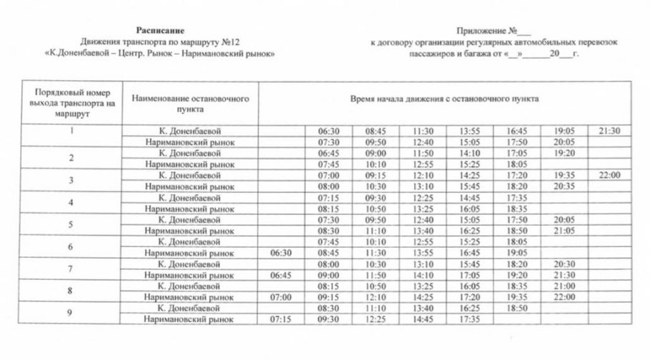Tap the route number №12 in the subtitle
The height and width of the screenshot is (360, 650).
click(228, 41)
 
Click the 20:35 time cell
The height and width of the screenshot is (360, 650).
click(564, 186)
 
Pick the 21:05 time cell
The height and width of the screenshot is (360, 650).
click(564, 231)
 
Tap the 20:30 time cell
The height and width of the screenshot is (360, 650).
click(564, 264)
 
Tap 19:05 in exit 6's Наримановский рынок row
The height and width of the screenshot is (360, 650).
click(516, 253)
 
